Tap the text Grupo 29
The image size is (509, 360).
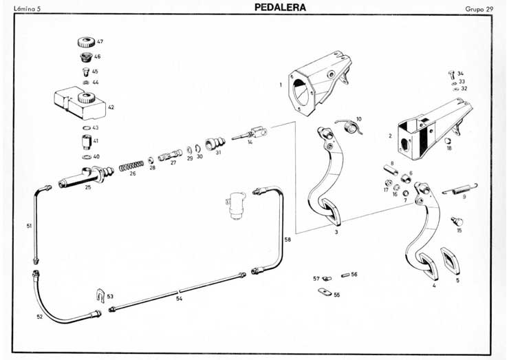point(479,9)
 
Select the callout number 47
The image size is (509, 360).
point(100,42)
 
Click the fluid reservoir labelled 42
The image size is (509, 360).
point(77,102)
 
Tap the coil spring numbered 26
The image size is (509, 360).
point(131,166)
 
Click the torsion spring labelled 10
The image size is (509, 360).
point(350,127)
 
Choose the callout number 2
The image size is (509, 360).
point(390,136)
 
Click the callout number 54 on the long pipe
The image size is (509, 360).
point(179,299)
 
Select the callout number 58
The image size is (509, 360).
point(288,239)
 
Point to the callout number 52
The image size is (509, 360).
point(39,316)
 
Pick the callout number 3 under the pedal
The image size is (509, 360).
point(336,233)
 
